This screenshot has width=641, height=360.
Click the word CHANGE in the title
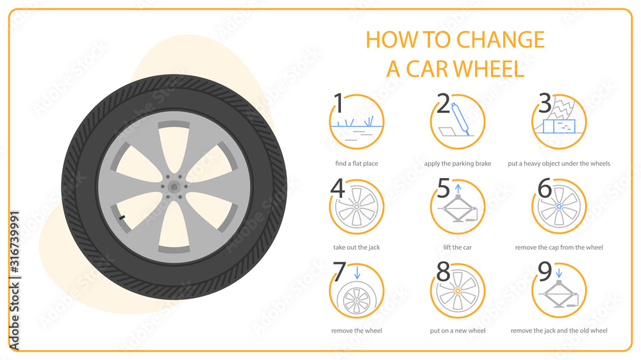[501, 40]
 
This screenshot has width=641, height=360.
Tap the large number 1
[339, 103]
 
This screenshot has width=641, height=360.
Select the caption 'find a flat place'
[356, 163]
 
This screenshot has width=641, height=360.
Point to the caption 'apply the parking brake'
[458, 163]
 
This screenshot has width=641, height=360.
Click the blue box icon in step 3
[557, 126]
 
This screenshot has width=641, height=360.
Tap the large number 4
[338, 189]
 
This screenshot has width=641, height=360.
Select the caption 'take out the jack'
[356, 247]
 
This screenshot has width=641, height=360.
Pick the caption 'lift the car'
[458, 247]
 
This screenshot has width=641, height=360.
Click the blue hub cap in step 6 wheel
[560, 207]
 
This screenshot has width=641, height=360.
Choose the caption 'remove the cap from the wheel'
[559, 247]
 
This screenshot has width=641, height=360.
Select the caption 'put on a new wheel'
[458, 331]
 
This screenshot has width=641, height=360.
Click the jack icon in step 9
[560, 299]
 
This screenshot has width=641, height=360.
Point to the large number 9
[545, 272]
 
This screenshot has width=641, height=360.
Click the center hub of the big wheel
[174, 186]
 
